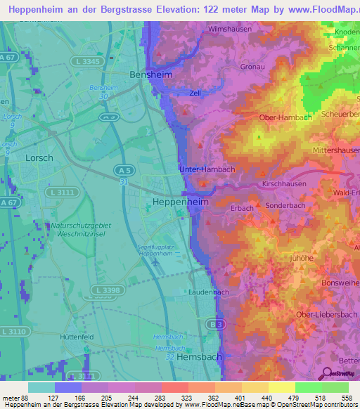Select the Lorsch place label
click(x=39, y=158)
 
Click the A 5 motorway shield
click(x=124, y=170)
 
